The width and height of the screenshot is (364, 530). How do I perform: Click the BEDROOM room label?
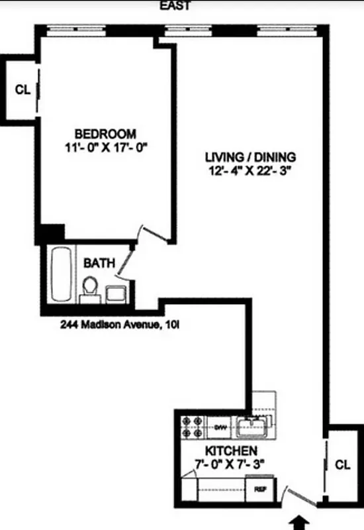tap(105, 133)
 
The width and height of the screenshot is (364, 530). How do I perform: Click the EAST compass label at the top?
tap(175, 6)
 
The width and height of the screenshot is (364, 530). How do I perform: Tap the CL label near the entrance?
tap(341, 464)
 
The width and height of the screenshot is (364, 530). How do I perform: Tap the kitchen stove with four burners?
tap(192, 427)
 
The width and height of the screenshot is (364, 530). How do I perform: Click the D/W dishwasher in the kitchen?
tap(220, 428)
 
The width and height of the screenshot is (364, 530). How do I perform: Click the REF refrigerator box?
tap(259, 490)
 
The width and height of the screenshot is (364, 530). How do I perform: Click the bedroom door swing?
tap(147, 235)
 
